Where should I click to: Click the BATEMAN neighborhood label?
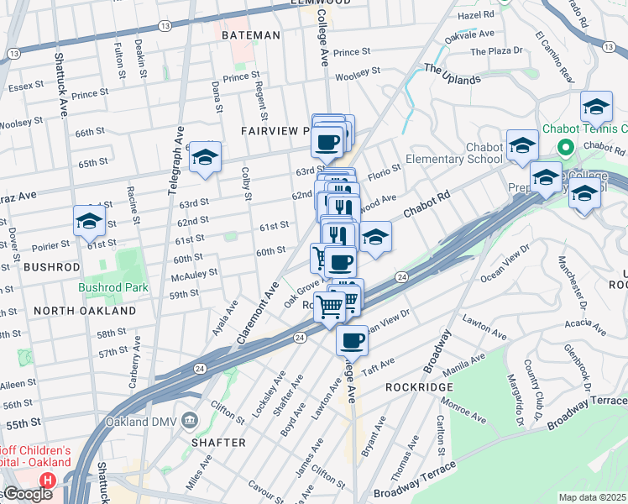pyautogui.click(x=250, y=35)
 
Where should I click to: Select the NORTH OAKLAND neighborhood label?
pyautogui.click(x=85, y=311)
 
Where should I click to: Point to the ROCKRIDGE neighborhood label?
pyautogui.click(x=419, y=387)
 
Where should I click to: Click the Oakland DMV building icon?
pyautogui.click(x=190, y=419)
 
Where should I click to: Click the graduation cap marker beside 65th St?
pyautogui.click(x=204, y=156)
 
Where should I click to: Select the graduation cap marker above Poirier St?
pyautogui.click(x=89, y=221)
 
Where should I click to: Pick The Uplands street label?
pyautogui.click(x=453, y=74)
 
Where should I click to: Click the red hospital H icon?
pyautogui.click(x=48, y=480)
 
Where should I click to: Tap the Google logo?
pyautogui.click(x=28, y=494)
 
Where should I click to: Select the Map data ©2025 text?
pyautogui.click(x=593, y=497)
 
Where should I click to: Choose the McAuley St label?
pyautogui.click(x=194, y=273)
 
